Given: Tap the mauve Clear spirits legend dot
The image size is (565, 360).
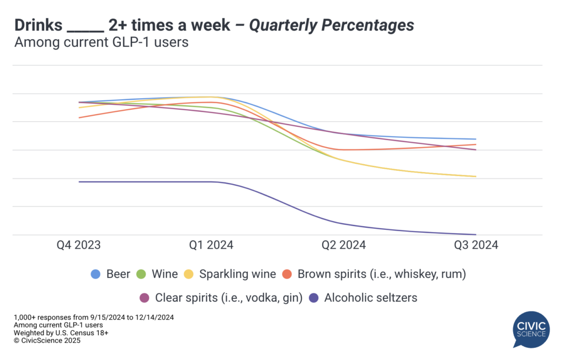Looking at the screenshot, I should point(145,298).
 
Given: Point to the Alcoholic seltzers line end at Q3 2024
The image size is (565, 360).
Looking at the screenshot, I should point(476,234).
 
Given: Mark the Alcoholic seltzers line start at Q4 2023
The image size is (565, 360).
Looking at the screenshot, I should point(79,182).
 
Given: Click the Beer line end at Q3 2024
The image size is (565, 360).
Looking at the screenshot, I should point(476,139).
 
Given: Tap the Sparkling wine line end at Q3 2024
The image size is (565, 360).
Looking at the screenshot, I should point(476,176).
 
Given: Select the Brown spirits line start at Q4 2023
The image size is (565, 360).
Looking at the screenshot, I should point(79,117).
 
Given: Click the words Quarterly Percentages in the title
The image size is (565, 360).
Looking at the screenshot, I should point(332,25).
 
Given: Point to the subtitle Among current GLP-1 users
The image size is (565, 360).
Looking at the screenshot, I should point(102,42).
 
